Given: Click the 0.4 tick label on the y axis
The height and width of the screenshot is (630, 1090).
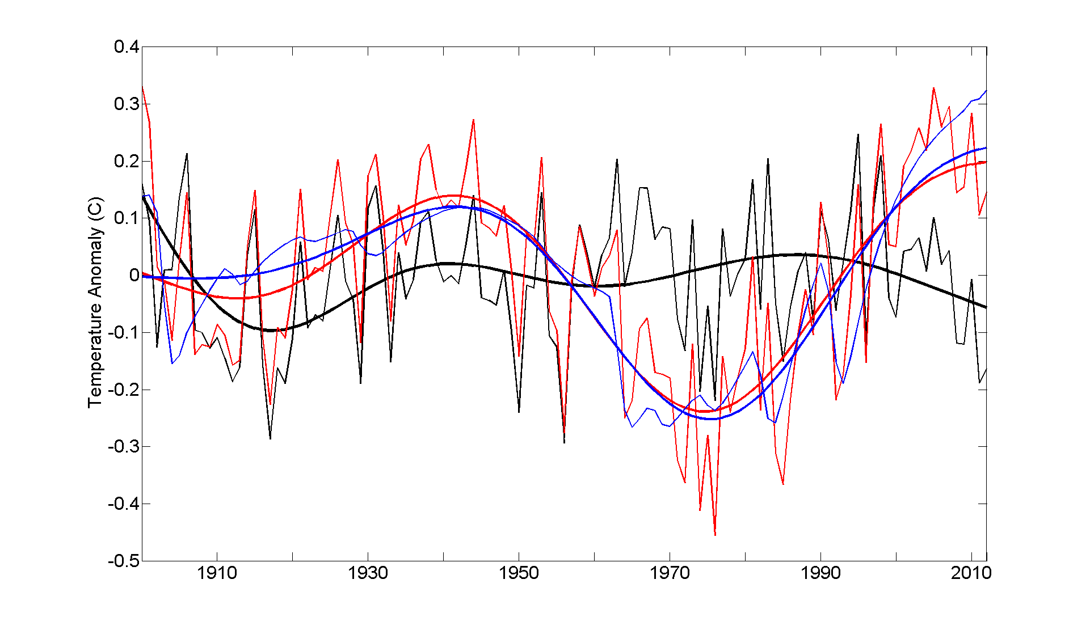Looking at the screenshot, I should click(x=127, y=47).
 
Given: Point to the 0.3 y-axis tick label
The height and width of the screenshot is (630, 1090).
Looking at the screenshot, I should click(x=127, y=104).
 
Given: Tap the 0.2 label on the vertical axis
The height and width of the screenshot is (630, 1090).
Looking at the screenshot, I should click(x=127, y=162).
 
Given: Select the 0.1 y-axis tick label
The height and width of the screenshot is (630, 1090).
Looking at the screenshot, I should click(x=127, y=218).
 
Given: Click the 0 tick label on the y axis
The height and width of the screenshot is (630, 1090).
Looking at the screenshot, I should click(x=134, y=276).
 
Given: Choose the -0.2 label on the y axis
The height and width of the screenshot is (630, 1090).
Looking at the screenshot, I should click(x=124, y=390).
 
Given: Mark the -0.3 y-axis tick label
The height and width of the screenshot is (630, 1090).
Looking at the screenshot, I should click(x=124, y=447).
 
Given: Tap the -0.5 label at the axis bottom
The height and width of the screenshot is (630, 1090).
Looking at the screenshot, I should click(x=124, y=561).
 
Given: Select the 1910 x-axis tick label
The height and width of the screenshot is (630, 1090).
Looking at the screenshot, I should click(x=217, y=573).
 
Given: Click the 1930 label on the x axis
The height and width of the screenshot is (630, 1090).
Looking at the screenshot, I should click(x=368, y=573).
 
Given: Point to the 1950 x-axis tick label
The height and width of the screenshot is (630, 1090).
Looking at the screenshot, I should click(x=519, y=573).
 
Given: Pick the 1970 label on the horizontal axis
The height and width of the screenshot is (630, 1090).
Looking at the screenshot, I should click(x=670, y=573).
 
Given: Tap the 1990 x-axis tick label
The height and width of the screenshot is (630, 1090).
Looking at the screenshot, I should click(x=820, y=573).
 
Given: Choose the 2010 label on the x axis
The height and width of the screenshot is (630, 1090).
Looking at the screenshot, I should click(x=971, y=573).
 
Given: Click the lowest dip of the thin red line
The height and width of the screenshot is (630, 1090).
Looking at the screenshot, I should click(x=715, y=535).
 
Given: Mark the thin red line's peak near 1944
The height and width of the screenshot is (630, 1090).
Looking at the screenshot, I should click(x=473, y=120).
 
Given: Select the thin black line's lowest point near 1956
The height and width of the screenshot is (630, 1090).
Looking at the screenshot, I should click(x=564, y=442).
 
